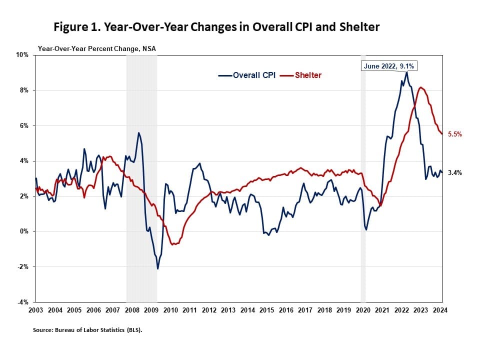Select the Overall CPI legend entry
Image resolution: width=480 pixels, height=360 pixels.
click(x=247, y=75)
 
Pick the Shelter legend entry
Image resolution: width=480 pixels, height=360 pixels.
click(x=301, y=75)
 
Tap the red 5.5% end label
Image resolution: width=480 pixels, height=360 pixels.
click(x=454, y=134)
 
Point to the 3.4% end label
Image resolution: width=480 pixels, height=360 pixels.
click(x=454, y=172)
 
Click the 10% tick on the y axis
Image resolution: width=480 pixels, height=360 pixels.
click(x=23, y=55)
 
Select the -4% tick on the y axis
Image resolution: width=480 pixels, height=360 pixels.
click(x=24, y=302)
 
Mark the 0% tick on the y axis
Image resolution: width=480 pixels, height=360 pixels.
click(x=25, y=231)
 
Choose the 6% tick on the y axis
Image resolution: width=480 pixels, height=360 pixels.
click(x=25, y=125)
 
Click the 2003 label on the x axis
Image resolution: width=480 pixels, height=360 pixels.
click(x=35, y=310)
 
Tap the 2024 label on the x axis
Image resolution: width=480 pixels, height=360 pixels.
click(x=440, y=310)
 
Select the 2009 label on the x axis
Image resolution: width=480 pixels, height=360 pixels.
click(x=151, y=310)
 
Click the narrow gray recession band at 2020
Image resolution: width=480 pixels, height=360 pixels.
click(x=363, y=200)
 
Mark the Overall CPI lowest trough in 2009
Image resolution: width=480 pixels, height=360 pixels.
click(x=158, y=268)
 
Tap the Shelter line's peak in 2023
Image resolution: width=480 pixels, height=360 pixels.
click(x=421, y=88)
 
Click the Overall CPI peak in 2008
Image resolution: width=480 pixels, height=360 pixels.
click(x=138, y=133)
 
